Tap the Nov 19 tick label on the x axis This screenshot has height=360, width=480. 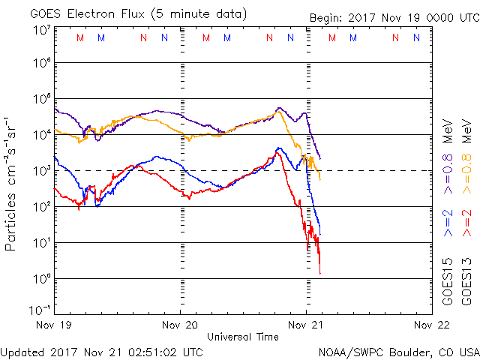57,325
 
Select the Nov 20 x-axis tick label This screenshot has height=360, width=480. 180,325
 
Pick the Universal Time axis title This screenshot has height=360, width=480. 242,337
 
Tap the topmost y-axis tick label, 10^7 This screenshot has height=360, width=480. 42,30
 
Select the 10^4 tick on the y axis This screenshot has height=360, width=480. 42,134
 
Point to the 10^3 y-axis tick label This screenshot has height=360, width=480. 42,170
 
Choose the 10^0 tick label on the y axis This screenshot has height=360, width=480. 42,278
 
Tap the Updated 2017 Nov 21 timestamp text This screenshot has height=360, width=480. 101,351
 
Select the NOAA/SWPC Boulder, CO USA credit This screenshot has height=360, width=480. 398,351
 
